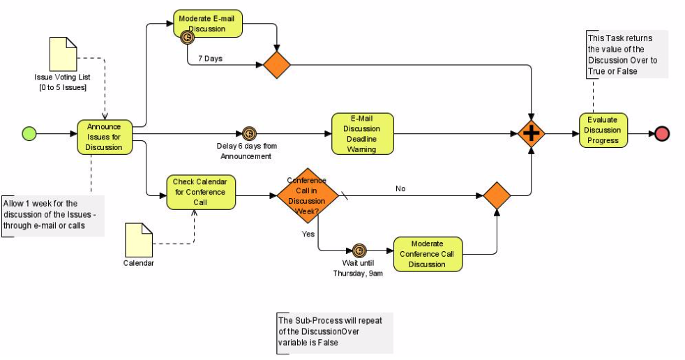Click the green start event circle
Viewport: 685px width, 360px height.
coord(29,133)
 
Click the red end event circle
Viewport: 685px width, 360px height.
coord(661,134)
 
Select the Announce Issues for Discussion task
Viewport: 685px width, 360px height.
coord(104,137)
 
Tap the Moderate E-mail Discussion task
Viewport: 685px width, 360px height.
coord(207,24)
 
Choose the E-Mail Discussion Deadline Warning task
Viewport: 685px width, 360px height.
coord(362,133)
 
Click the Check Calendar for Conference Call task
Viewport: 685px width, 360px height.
coord(201,192)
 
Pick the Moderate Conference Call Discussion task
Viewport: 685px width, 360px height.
coord(428,254)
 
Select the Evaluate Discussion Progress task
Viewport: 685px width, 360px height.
coord(603,130)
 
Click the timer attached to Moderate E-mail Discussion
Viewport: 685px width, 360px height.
coord(187,38)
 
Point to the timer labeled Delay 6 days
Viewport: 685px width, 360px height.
coord(249,133)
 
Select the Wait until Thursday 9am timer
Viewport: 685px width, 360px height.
coord(359,250)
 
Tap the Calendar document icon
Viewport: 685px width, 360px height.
coord(138,239)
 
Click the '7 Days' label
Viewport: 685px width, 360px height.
coord(210,59)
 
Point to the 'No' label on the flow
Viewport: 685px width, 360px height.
coord(400,188)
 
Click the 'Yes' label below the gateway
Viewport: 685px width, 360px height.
coord(308,234)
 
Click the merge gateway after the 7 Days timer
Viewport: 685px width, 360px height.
coord(277,65)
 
